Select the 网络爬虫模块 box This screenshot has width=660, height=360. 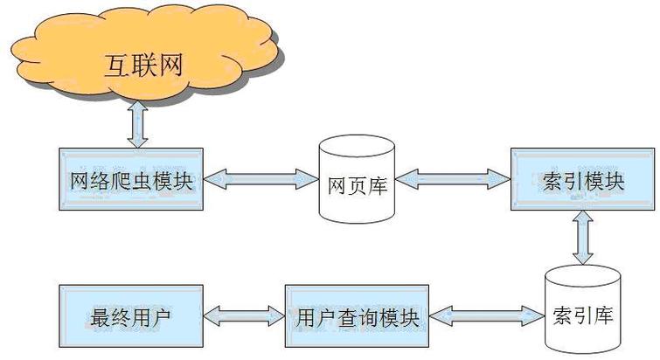click(x=130, y=180)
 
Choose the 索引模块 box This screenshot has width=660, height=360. click(x=581, y=180)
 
